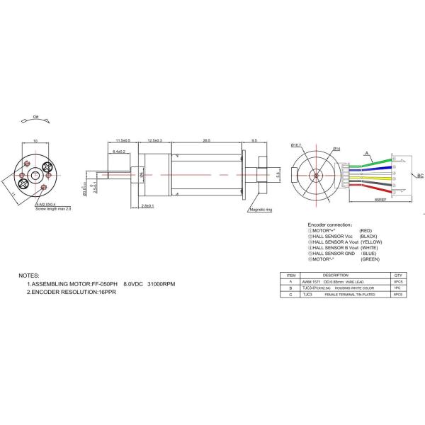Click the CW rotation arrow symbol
(35, 121)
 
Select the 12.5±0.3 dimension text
(155, 140)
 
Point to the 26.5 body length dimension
(206, 140)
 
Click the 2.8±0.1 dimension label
(149, 205)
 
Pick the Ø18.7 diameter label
(296, 145)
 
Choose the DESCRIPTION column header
(336, 275)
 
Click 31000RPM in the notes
(161, 284)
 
